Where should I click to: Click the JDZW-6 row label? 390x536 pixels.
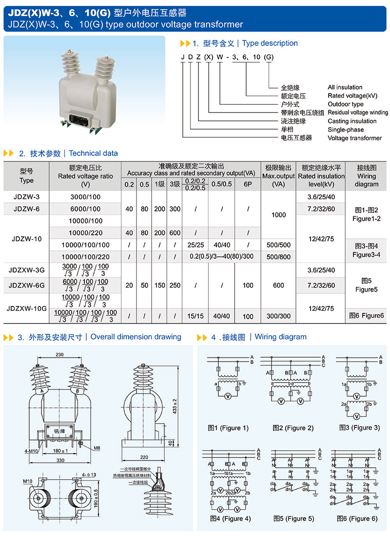[27, 209]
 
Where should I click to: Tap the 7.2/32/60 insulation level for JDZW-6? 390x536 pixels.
[322, 209]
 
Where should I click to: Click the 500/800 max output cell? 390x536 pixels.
[278, 257]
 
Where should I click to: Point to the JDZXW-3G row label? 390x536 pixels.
[27, 268]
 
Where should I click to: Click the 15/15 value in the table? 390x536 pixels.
[195, 316]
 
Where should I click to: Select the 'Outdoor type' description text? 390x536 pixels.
[346, 104]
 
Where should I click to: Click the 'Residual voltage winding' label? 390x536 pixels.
[358, 113]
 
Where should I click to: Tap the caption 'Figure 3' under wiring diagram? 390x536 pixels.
[359, 428]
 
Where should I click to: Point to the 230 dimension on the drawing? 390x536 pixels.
[59, 355]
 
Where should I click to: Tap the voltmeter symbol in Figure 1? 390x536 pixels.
[227, 397]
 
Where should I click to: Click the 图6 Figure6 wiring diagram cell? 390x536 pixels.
[367, 316]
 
